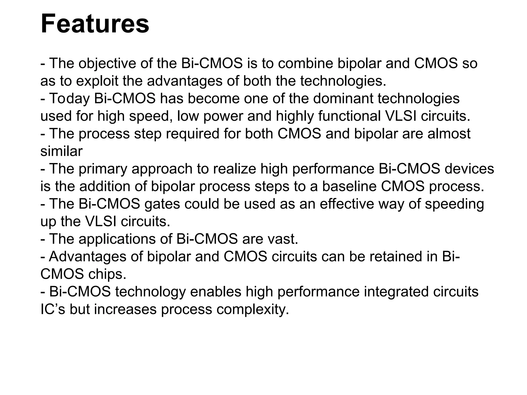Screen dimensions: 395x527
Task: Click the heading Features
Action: [95, 24]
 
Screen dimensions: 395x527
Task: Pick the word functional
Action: [349, 116]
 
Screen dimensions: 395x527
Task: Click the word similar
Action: [62, 151]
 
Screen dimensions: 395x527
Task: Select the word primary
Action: [103, 169]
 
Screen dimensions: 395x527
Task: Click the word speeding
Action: [454, 204]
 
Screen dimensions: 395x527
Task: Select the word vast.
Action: [283, 239]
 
